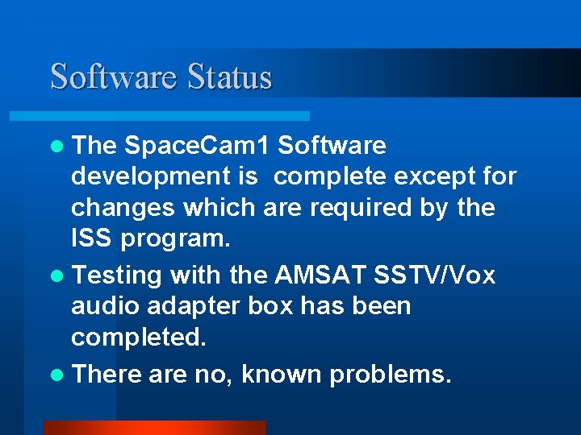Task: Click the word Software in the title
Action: point(113,77)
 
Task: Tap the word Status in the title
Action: point(230,77)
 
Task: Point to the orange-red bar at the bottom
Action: point(154,427)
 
